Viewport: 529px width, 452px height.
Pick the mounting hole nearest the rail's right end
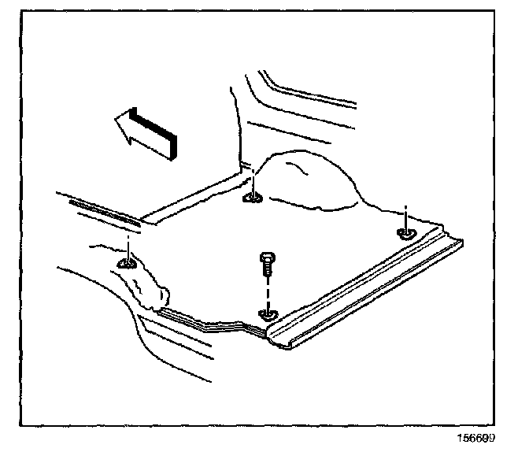click(406, 232)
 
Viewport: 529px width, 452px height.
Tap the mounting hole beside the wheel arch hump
click(253, 197)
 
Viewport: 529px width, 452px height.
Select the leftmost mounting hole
click(126, 263)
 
